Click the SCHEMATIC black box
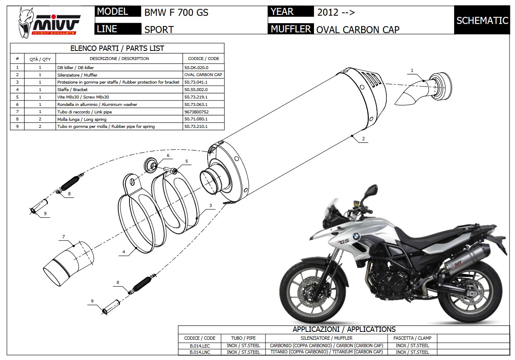(x=482, y=20)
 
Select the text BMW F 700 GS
(x=176, y=12)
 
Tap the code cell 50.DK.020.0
(x=196, y=67)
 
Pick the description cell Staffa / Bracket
(x=72, y=89)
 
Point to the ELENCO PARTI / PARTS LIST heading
(x=117, y=48)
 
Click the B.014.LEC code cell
(x=199, y=346)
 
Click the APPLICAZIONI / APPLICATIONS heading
(x=344, y=329)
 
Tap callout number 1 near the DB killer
(x=412, y=71)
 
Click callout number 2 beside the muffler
(x=363, y=139)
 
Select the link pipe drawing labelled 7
(x=68, y=263)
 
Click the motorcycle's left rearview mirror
(x=371, y=190)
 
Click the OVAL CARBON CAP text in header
(x=358, y=29)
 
